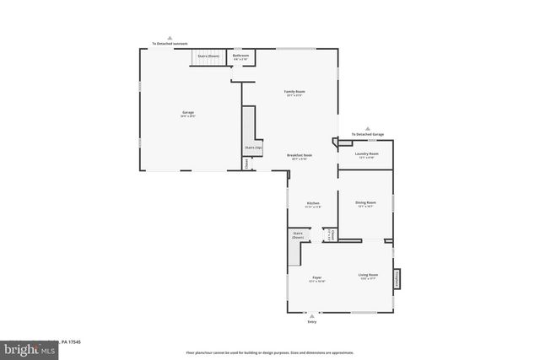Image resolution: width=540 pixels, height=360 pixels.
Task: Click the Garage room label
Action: pos(188,113)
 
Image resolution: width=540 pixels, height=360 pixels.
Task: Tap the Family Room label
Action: pos(294,91)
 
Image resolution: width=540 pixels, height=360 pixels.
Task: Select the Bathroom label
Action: pos(240,56)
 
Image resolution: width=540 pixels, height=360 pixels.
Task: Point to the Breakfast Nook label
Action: pos(300,155)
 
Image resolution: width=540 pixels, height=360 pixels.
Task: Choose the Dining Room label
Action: pos(365,202)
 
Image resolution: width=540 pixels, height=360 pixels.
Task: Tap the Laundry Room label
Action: pos(366,153)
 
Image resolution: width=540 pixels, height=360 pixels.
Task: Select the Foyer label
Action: pos(317,277)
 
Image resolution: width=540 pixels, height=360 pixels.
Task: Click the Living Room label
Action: pos(368,274)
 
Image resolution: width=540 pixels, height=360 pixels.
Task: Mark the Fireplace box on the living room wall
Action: pos(397,278)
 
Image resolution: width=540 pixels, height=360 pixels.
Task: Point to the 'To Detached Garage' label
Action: pos(368,134)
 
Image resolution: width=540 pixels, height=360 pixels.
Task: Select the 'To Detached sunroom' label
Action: pos(170,43)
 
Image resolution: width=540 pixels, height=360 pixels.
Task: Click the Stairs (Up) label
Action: pos(253,147)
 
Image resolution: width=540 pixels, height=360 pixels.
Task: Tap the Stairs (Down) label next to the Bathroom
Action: pos(208,56)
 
